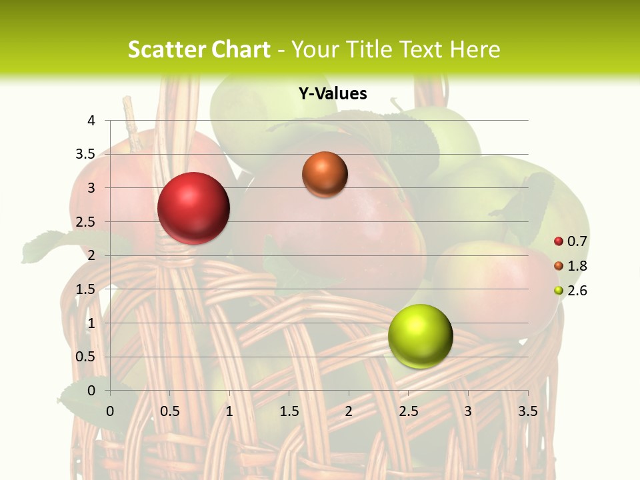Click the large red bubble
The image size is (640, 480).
coord(193,208)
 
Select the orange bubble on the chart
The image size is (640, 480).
coord(325,174)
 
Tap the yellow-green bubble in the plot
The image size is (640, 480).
coord(420,336)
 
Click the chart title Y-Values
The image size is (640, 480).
coord(332,94)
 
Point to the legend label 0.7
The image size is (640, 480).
coord(577,241)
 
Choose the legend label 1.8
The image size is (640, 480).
coord(577,266)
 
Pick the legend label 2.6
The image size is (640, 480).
coord(577,291)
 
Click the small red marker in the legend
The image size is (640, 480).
coord(559,241)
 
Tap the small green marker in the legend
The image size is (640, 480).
coord(559,291)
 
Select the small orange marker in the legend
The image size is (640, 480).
coord(559,266)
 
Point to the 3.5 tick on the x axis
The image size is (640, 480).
coord(527,411)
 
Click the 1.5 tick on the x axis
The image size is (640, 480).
coord(289,411)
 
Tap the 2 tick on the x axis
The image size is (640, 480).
coord(349,411)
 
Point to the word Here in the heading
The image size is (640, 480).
coord(475,49)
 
